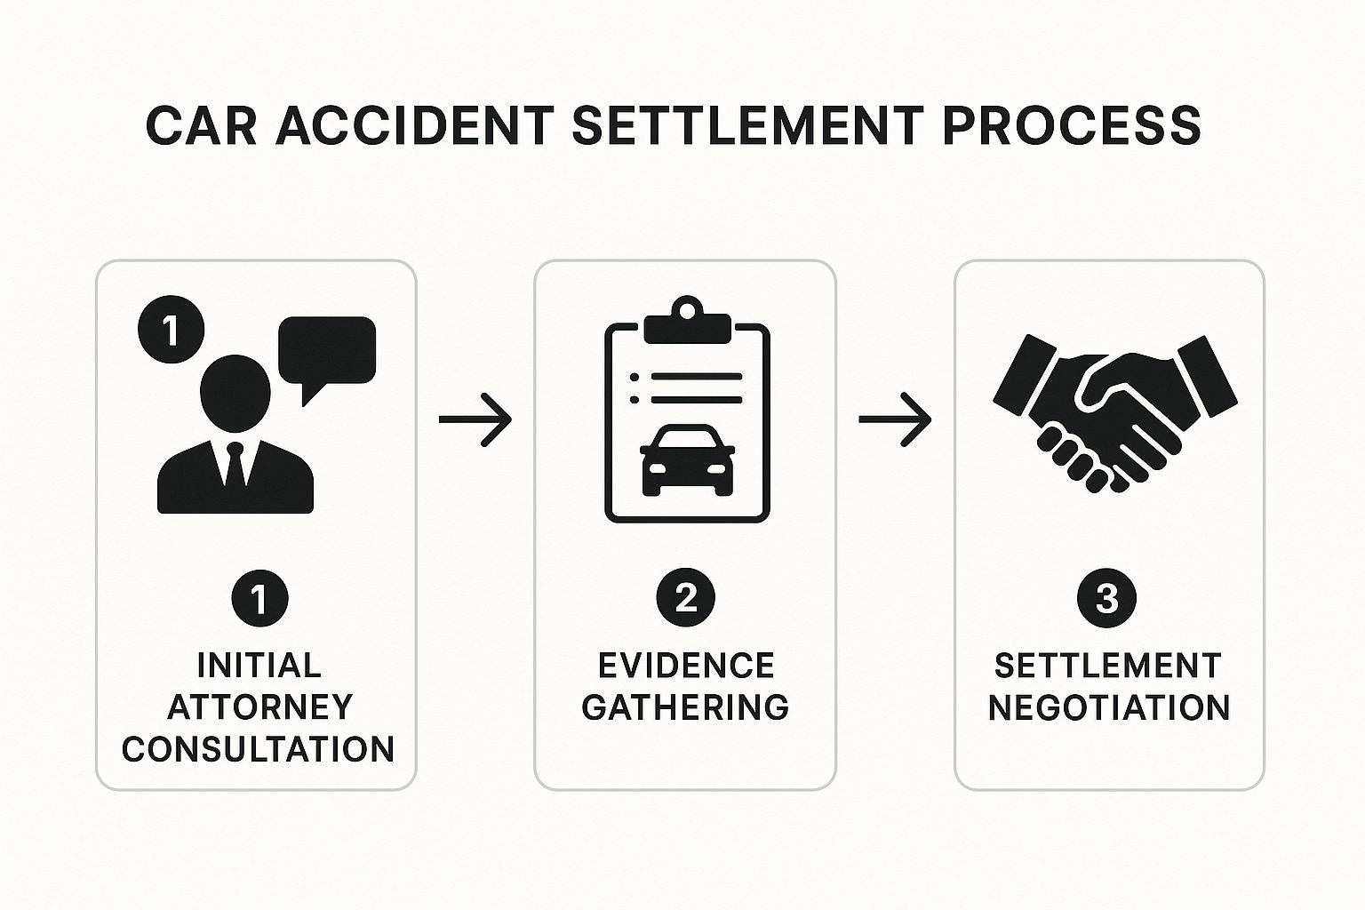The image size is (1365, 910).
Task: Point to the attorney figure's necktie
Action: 235,463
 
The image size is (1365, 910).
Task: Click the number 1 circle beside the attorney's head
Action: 172,331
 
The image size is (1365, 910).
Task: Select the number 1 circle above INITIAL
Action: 259,598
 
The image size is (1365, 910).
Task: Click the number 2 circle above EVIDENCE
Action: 685,598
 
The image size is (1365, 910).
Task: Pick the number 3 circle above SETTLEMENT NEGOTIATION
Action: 1106,598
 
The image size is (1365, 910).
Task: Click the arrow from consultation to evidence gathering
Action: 475,418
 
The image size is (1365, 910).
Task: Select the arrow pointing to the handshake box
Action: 895,418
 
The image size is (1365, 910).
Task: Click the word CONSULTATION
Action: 259,749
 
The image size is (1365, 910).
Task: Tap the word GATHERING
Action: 685,707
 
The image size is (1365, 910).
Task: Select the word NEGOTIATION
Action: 1109,707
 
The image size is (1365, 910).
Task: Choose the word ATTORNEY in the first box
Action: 260,707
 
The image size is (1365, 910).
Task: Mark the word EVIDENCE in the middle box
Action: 686,666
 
